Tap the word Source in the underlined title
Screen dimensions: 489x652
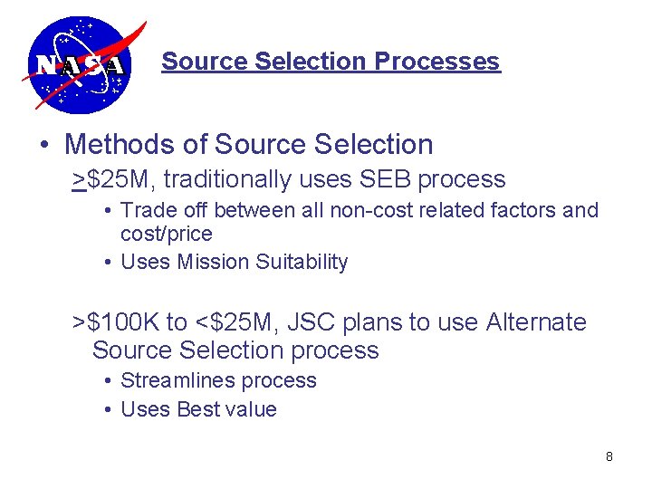click(x=205, y=62)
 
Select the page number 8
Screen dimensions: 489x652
click(x=609, y=456)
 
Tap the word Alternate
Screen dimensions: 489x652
click(x=536, y=322)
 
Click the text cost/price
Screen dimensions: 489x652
click(x=166, y=234)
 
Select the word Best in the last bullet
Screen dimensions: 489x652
click(x=198, y=409)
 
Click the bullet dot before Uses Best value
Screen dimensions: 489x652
click(x=108, y=410)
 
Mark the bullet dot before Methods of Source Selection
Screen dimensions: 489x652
click(x=44, y=145)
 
